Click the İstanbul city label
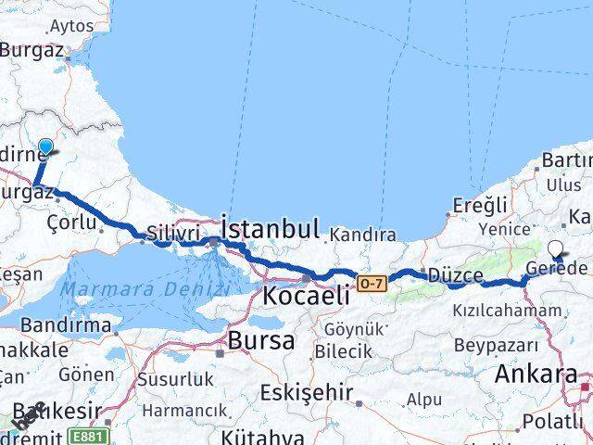(271, 228)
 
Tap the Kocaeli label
(306, 296)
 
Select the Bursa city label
(261, 339)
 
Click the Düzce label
(455, 275)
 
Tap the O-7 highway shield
(371, 283)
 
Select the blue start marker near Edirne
(45, 146)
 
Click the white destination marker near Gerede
(557, 248)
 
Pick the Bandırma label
(53, 325)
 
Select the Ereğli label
(481, 205)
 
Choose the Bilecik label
(342, 351)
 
